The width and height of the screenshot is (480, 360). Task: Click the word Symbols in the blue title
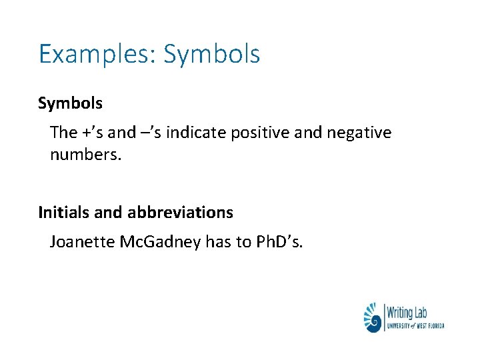tap(211, 54)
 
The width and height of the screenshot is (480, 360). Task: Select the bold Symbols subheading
tap(70, 103)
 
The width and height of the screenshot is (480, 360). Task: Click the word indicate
tap(195, 133)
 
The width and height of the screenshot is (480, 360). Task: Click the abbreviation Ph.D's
tap(279, 242)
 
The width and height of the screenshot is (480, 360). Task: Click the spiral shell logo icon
tap(373, 318)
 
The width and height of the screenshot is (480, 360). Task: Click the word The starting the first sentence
tap(63, 133)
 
